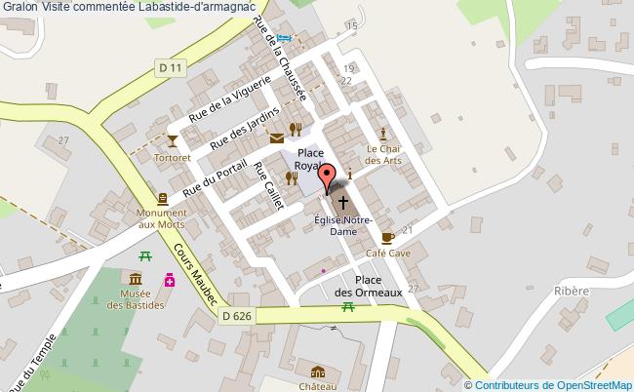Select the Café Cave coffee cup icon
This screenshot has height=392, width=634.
pos(388,237)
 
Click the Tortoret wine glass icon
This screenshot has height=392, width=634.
pos(173,139)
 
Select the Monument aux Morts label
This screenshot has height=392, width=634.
pos(161,218)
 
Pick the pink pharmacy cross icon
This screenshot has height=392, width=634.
pos(170,280)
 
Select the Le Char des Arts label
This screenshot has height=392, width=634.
pos(383,154)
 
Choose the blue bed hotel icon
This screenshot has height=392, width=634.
pos(284,38)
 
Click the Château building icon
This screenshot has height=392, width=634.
pos(318,372)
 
